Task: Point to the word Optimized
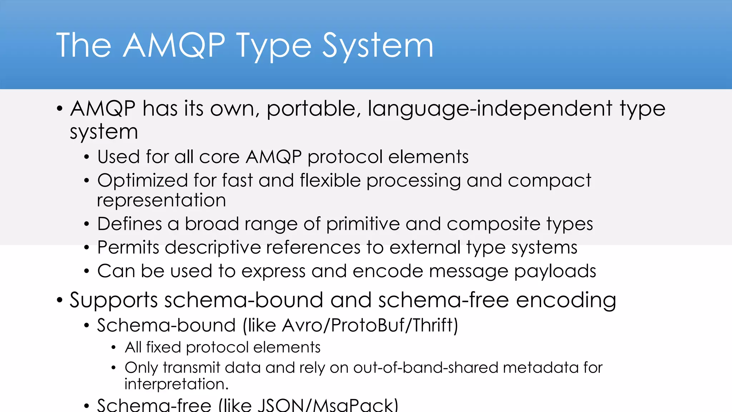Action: pos(142,181)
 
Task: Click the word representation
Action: pos(161,200)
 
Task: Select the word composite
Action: pos(493,224)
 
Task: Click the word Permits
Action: pos(128,247)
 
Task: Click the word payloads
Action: pos(555,271)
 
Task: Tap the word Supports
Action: pos(113,300)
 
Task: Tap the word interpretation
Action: pos(176,384)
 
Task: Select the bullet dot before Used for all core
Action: pos(86,157)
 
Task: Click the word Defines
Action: pos(129,224)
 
